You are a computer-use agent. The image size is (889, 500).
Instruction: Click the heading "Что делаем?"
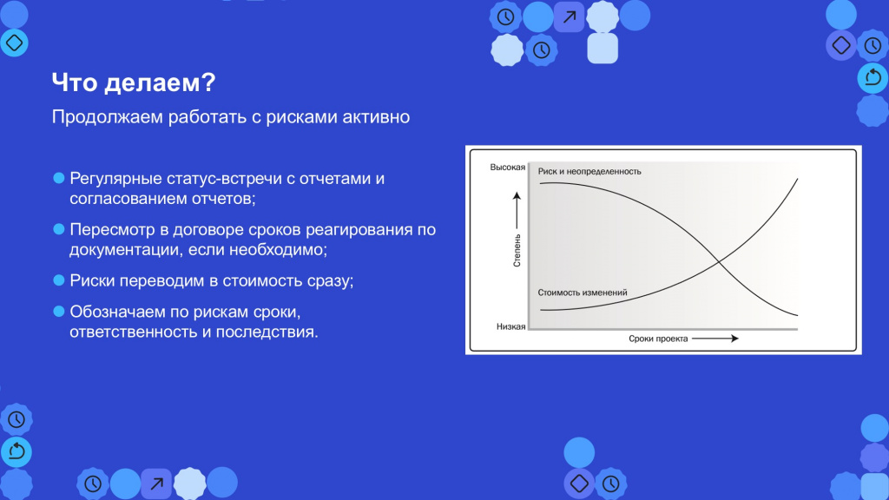coord(134,82)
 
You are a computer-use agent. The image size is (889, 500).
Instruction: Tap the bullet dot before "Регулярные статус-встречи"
coord(58,178)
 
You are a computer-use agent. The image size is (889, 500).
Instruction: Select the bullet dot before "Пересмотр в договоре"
coord(58,229)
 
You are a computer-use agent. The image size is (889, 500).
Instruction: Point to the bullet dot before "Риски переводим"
coord(58,280)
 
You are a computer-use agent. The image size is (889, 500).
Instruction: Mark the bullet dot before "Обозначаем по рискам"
coord(58,312)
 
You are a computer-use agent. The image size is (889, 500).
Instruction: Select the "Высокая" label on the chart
coord(507,168)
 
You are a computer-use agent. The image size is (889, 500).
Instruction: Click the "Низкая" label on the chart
coord(510,326)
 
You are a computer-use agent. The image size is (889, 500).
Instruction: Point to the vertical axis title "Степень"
coord(517,251)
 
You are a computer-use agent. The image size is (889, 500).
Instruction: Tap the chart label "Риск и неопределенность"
coord(589,171)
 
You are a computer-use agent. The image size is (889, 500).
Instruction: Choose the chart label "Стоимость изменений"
coord(583,293)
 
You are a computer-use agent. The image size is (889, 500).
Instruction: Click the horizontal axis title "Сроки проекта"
coord(658,339)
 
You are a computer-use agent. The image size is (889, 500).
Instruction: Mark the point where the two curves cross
coord(718,261)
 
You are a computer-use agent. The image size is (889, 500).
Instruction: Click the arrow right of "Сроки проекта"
coord(715,339)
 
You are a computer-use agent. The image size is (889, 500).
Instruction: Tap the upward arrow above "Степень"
coord(517,210)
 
